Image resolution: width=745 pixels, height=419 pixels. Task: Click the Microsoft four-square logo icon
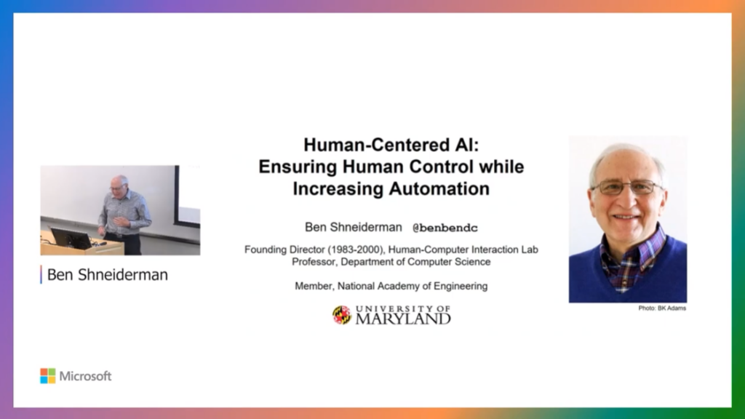pyautogui.click(x=47, y=376)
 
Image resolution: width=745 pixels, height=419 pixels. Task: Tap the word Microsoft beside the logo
pyautogui.click(x=86, y=376)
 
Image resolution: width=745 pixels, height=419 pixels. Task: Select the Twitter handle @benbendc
pyautogui.click(x=445, y=228)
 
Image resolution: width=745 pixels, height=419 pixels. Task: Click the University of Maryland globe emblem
pyautogui.click(x=341, y=314)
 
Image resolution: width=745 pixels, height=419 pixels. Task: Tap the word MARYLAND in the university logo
pyautogui.click(x=403, y=319)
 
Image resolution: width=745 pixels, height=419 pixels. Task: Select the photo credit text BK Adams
pyautogui.click(x=673, y=308)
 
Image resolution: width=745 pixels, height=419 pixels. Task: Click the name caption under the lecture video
pyautogui.click(x=107, y=275)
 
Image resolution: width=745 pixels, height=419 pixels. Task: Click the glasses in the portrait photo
pyautogui.click(x=626, y=187)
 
